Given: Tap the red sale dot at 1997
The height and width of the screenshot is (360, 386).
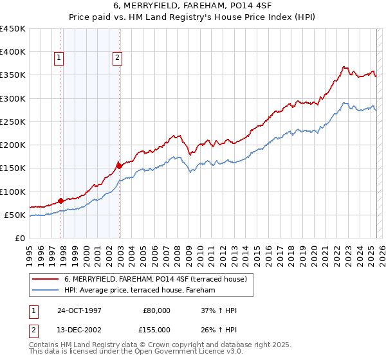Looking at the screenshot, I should (61, 201).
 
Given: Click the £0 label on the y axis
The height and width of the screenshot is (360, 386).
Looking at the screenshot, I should (19, 238).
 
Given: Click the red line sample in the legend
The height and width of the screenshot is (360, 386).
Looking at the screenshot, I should (46, 279).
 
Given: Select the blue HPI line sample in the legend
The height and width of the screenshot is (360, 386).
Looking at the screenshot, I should (46, 291).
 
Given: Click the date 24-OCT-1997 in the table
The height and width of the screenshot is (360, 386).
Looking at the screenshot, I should (79, 310).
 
